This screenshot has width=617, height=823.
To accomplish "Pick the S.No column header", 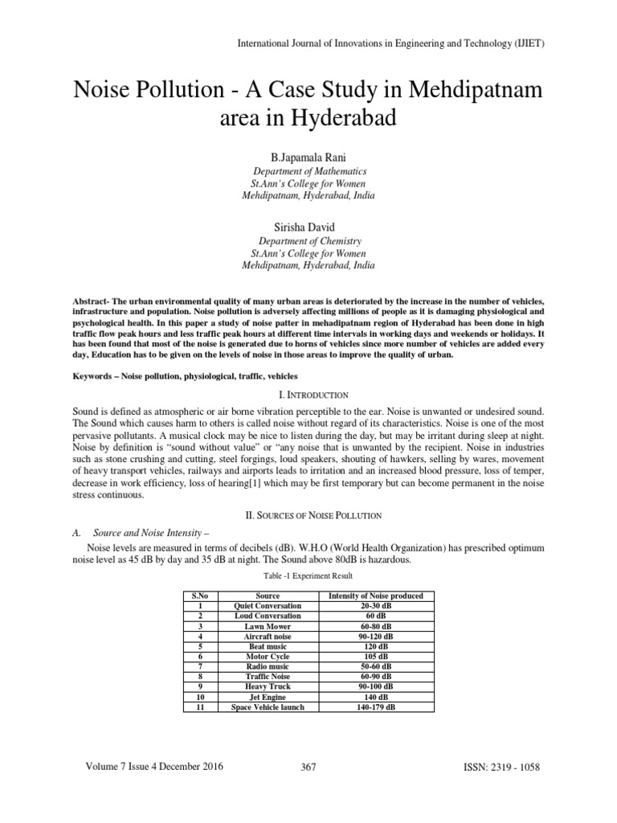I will (198, 596).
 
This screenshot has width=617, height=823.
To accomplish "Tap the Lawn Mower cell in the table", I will (268, 625).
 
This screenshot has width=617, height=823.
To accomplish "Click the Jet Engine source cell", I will (268, 697).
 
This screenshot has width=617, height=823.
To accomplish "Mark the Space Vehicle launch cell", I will (268, 707).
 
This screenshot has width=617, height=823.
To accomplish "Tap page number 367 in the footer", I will (308, 768).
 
